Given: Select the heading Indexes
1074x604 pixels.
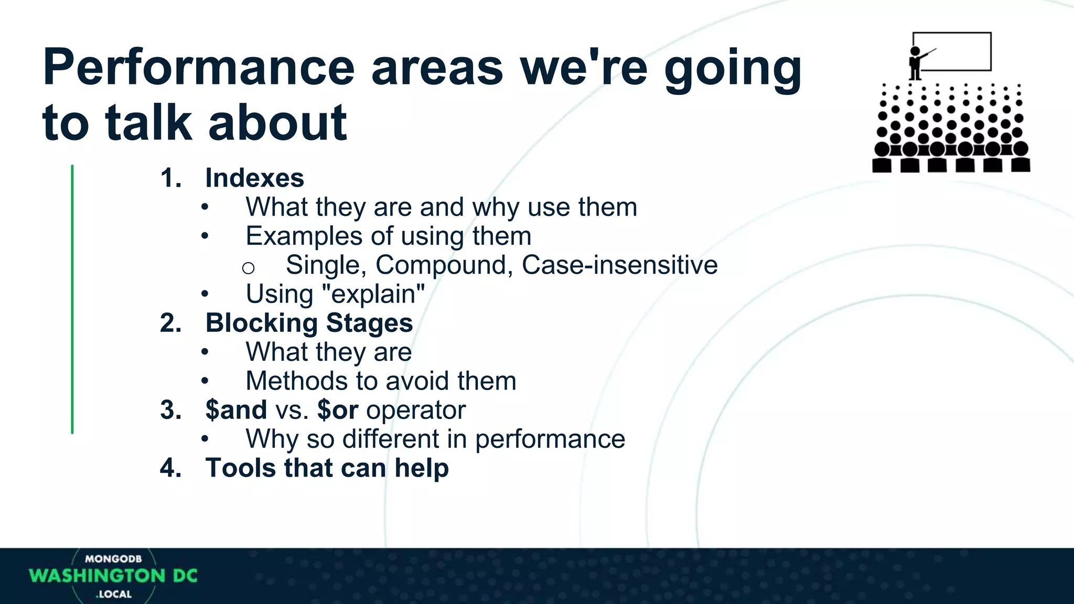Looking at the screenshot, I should [x=254, y=178].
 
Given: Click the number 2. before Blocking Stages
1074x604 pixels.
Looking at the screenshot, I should [x=170, y=323].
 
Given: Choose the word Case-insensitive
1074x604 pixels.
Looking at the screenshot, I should [x=619, y=265].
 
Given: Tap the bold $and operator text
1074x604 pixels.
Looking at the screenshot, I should [x=236, y=410].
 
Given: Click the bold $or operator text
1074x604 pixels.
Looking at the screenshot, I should [x=338, y=410].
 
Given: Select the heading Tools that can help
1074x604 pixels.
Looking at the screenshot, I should [x=327, y=468].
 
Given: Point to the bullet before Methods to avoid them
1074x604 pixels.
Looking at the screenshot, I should [x=205, y=382].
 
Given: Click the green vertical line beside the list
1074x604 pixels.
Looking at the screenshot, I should [x=72, y=299].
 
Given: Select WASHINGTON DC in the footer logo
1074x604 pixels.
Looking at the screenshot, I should [x=113, y=576].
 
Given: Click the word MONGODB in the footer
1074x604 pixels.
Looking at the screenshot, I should [x=113, y=559].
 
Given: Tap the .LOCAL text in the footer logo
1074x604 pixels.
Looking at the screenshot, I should [x=114, y=594].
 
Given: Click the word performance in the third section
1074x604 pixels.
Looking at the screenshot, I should [x=550, y=439].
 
